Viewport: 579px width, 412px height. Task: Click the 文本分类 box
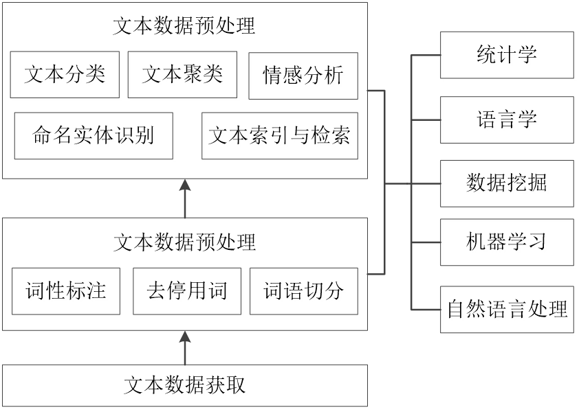67,77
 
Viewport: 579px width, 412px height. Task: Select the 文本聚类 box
185,77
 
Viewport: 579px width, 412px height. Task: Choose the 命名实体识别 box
96,138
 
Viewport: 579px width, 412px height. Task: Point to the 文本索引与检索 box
281,138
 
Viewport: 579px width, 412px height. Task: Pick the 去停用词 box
188,294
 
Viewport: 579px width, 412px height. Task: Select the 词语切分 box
306,294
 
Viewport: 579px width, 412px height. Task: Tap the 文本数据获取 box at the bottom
187,388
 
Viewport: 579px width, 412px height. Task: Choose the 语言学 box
508,122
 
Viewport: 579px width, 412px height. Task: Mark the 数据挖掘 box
508,185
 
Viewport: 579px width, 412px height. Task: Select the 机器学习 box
508,244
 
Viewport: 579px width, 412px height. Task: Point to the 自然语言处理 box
508,311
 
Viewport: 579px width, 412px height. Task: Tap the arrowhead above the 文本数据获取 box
184,337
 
